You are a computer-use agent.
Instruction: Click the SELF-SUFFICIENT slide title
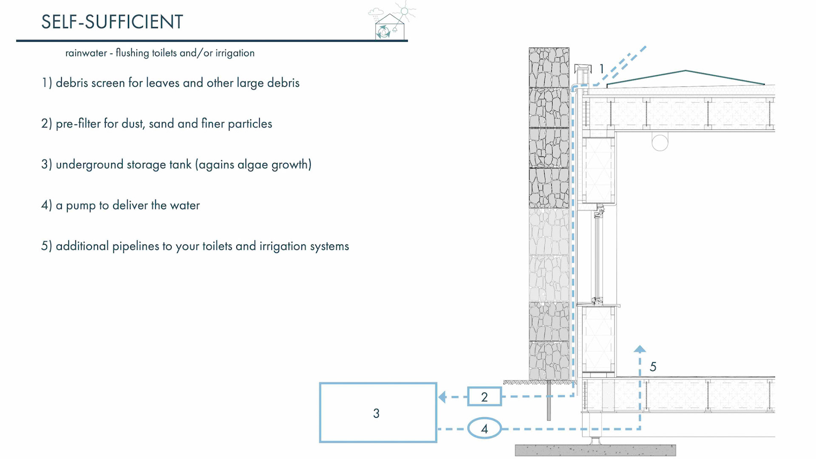112,22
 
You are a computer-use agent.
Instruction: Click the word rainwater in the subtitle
86,53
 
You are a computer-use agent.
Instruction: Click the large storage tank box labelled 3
378,413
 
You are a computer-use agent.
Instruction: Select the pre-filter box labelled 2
484,397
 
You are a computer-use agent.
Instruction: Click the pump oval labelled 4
484,429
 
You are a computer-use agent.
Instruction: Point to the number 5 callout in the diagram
653,367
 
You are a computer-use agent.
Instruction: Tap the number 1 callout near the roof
601,68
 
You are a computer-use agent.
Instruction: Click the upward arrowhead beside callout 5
640,349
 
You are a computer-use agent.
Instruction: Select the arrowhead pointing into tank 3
442,397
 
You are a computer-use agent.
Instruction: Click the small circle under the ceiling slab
660,143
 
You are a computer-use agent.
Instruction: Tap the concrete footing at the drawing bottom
595,450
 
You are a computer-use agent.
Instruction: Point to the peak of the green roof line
685,71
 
